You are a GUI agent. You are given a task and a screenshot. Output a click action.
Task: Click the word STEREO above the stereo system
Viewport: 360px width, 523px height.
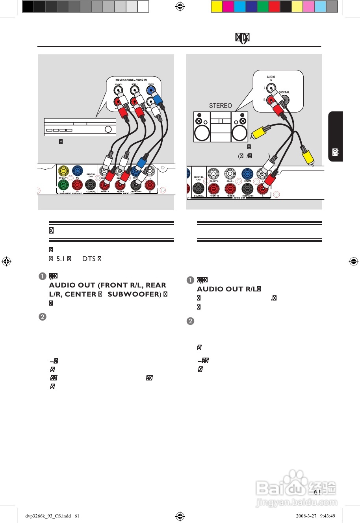tap(221, 106)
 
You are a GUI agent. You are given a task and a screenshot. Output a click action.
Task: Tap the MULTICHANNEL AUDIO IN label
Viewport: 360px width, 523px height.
tap(131, 80)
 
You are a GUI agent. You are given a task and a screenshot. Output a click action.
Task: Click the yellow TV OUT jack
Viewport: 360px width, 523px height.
tap(63, 171)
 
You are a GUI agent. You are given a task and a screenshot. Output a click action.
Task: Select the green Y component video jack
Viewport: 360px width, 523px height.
tap(63, 184)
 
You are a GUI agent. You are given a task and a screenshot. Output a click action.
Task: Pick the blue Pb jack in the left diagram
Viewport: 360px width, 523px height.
tap(77, 171)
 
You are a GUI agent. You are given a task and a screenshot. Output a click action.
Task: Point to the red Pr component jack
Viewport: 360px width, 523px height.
tap(77, 184)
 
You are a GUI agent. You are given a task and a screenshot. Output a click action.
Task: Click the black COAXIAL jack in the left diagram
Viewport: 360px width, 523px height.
tap(91, 185)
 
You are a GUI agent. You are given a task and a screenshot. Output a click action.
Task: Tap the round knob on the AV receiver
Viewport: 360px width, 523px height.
tap(108, 129)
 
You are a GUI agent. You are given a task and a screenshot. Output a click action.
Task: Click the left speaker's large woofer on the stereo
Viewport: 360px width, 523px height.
tap(202, 133)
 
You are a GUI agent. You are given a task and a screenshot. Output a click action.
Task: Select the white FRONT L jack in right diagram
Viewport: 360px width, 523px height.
tap(214, 173)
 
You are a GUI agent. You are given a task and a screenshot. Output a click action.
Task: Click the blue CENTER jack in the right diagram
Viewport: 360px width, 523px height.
tap(247, 173)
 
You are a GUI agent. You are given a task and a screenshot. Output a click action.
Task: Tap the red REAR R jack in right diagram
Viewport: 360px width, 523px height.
tap(230, 189)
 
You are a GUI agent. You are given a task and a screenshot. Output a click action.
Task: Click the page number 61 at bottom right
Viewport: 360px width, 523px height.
tap(317, 492)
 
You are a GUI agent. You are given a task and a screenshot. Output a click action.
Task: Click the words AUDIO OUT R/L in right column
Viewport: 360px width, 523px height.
tap(228, 289)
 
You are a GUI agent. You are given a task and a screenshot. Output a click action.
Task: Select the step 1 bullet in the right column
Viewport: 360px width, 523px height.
tap(190, 280)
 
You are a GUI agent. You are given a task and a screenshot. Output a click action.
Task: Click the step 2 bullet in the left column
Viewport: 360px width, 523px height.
tap(42, 317)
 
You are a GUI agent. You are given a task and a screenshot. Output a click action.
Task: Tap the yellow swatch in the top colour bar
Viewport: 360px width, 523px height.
tap(217, 7)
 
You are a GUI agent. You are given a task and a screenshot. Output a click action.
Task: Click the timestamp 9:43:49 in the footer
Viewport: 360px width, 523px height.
tap(328, 516)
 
